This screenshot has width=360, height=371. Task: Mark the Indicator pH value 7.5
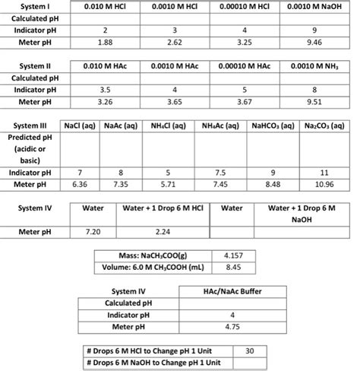(237, 173)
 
